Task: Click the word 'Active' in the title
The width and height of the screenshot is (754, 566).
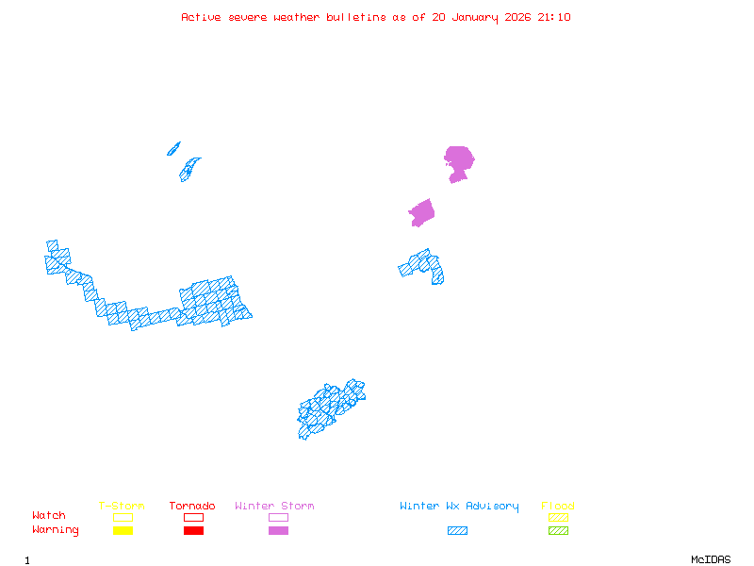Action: tap(202, 17)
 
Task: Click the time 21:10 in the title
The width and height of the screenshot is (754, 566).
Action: tap(554, 17)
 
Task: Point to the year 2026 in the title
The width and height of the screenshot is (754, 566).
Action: tap(517, 17)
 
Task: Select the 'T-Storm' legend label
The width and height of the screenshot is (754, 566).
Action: tap(122, 507)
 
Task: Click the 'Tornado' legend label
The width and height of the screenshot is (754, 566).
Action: tap(192, 507)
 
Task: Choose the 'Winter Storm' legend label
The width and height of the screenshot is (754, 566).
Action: tap(274, 507)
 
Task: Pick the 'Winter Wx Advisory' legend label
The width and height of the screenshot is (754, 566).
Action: tap(459, 507)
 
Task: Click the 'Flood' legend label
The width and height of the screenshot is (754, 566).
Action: tap(558, 507)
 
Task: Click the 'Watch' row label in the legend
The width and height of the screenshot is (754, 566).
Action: tap(49, 516)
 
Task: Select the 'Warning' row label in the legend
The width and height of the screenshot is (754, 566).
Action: tap(56, 530)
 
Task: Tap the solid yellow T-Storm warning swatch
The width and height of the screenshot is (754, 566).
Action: tap(123, 531)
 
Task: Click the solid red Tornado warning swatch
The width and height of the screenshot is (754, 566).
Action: tap(193, 531)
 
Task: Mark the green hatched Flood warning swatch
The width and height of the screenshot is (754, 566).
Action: tap(558, 531)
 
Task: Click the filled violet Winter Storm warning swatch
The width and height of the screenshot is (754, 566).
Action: tap(278, 531)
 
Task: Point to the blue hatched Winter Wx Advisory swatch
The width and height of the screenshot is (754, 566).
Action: tap(457, 531)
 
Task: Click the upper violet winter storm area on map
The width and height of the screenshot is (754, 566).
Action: tap(458, 160)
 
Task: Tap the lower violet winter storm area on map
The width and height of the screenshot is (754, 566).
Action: tap(422, 213)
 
